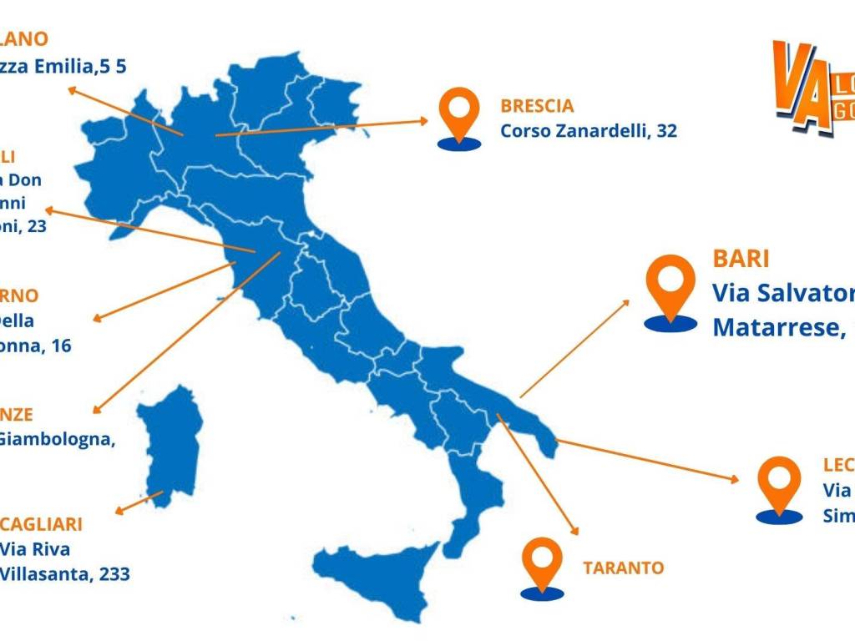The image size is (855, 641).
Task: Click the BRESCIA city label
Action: (537, 106)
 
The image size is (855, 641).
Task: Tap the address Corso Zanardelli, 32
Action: (589, 131)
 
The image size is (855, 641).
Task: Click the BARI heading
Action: (741, 259)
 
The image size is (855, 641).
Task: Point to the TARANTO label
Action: (623, 568)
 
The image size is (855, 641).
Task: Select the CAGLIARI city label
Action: (41, 524)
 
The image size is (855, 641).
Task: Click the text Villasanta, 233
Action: (64, 573)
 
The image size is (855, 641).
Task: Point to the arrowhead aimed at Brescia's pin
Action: (424, 120)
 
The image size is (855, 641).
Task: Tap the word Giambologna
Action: (55, 439)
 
